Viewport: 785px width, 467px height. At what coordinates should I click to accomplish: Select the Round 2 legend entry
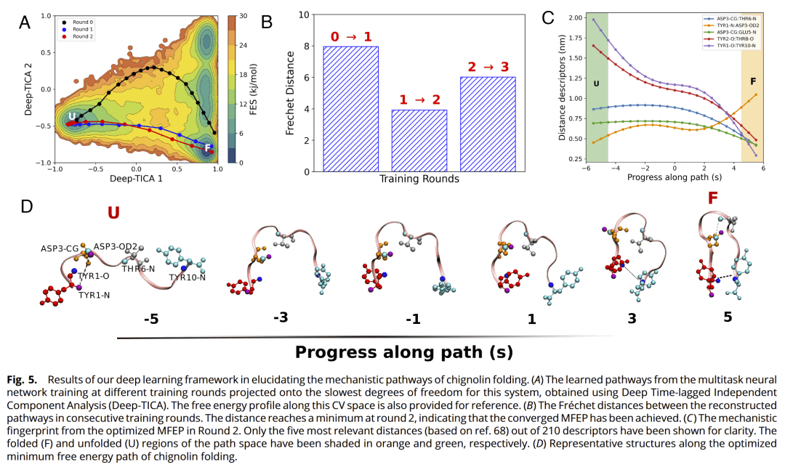80,36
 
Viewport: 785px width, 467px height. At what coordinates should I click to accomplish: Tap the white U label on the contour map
72,116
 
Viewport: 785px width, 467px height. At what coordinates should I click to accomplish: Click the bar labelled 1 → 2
420,140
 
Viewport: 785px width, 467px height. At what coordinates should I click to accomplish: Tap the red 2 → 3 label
488,66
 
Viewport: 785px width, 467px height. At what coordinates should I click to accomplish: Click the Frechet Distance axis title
289,92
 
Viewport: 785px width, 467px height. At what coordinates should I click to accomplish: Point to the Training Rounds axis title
419,179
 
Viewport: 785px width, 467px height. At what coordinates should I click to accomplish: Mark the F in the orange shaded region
752,82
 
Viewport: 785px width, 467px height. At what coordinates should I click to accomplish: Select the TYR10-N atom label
187,277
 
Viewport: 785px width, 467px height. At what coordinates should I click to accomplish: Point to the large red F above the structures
713,198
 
